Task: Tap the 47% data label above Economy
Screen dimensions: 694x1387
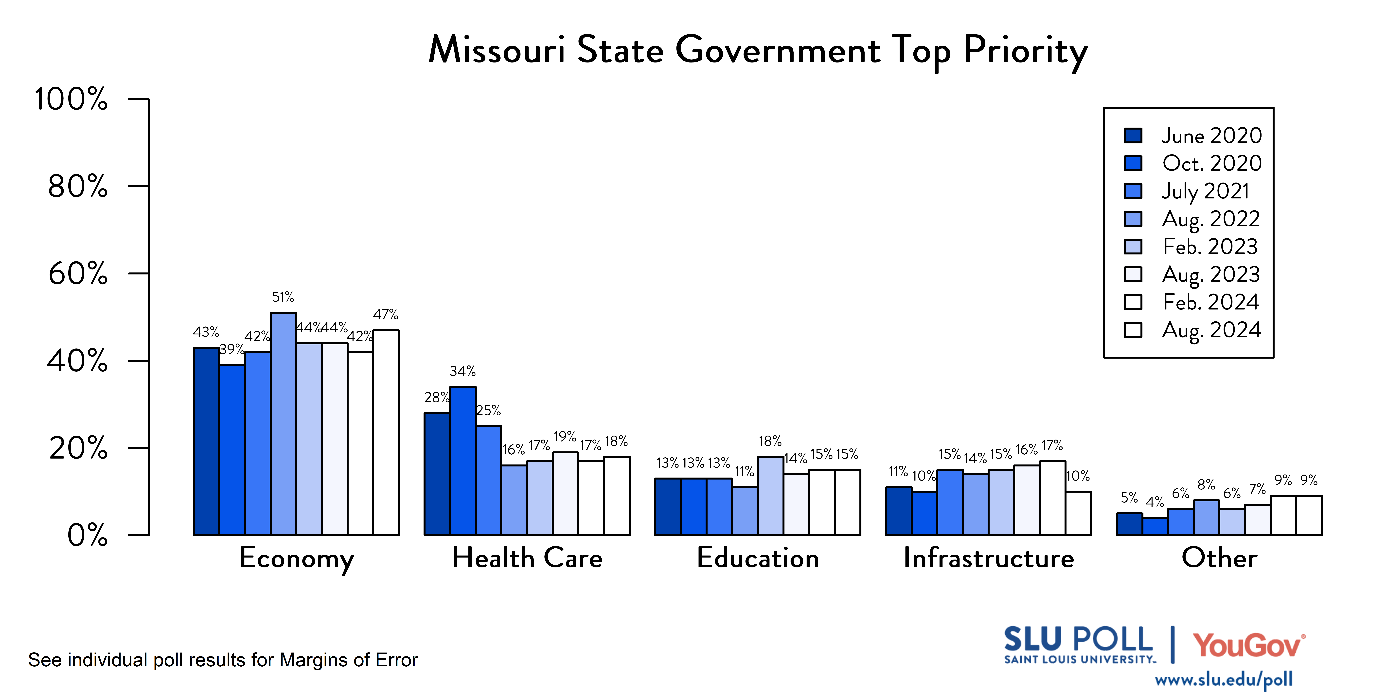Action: pyautogui.click(x=386, y=315)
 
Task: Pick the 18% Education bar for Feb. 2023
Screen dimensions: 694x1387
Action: pyautogui.click(x=770, y=496)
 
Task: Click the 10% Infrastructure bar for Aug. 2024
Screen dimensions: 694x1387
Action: pyautogui.click(x=1079, y=513)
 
